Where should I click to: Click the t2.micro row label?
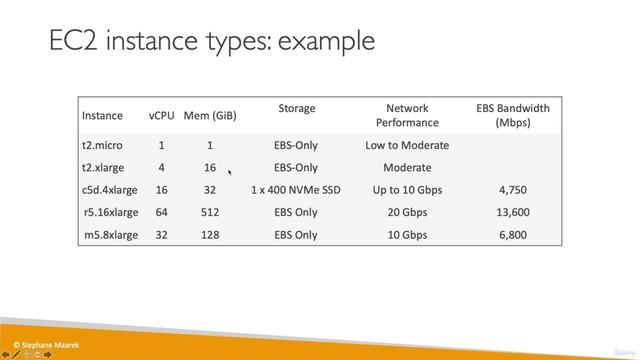pyautogui.click(x=103, y=145)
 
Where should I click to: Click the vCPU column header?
pyautogui.click(x=161, y=115)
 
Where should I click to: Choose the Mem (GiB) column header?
pyautogui.click(x=210, y=115)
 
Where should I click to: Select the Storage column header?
pyautogui.click(x=296, y=108)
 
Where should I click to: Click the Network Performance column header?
pyautogui.click(x=407, y=115)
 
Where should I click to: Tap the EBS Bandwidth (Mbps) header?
pyautogui.click(x=512, y=115)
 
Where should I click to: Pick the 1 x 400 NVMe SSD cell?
pyautogui.click(x=296, y=190)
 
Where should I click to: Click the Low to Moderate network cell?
pyautogui.click(x=407, y=145)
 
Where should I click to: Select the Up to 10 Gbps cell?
pyautogui.click(x=407, y=190)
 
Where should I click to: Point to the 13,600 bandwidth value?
pyautogui.click(x=512, y=212)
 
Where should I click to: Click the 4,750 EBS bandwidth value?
pyautogui.click(x=512, y=190)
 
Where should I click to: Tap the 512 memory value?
pyautogui.click(x=210, y=212)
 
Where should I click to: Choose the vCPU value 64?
pyautogui.click(x=161, y=212)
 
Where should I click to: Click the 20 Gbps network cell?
pyautogui.click(x=407, y=212)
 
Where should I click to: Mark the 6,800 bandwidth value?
pyautogui.click(x=512, y=235)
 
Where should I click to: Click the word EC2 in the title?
pyautogui.click(x=74, y=42)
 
